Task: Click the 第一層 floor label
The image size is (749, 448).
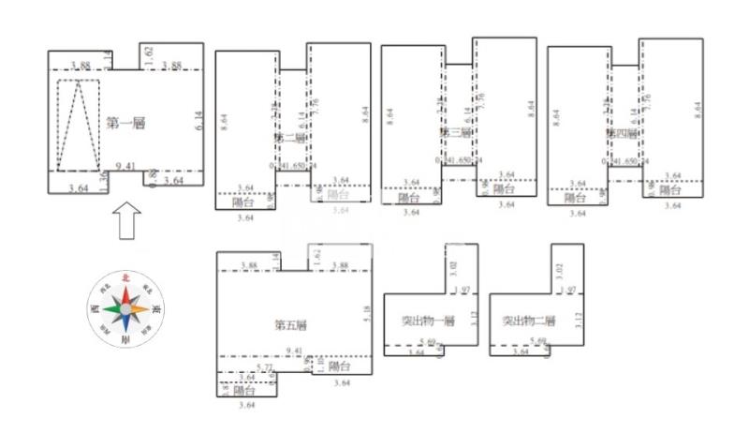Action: pyautogui.click(x=125, y=122)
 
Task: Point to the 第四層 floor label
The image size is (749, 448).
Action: pyautogui.click(x=621, y=133)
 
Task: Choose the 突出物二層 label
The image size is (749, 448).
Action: pyautogui.click(x=529, y=321)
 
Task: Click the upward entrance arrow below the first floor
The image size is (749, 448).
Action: pyautogui.click(x=126, y=225)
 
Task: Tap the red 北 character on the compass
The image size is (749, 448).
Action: pyautogui.click(x=125, y=278)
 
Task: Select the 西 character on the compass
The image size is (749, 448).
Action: pyautogui.click(x=95, y=307)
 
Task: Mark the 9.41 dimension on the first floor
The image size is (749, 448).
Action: pyautogui.click(x=125, y=166)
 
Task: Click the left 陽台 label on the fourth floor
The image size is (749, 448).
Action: pyautogui.click(x=575, y=198)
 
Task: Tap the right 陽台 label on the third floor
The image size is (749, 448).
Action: pyautogui.click(x=505, y=189)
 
